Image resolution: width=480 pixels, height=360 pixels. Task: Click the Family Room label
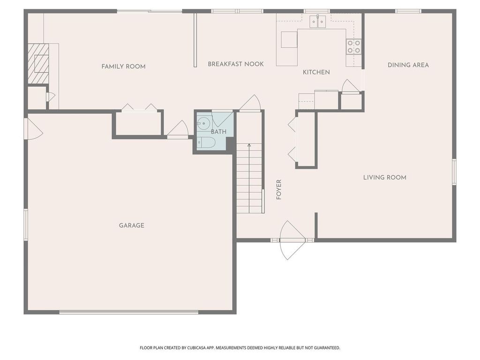[x=123, y=67]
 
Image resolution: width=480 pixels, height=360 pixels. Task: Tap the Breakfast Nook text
[x=236, y=64]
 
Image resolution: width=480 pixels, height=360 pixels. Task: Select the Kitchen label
[x=316, y=72]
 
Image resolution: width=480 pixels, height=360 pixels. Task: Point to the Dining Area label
[x=408, y=65]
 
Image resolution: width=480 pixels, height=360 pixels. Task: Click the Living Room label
[x=384, y=178]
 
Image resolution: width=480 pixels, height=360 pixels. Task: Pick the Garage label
[x=131, y=225]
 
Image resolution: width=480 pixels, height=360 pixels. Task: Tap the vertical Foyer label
[x=279, y=189]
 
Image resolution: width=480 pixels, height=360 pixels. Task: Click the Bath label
[x=218, y=132]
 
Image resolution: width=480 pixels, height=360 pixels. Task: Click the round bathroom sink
[x=203, y=124]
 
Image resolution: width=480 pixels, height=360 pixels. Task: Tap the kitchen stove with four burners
[x=354, y=46]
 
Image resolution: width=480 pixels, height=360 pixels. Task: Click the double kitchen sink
[x=318, y=22]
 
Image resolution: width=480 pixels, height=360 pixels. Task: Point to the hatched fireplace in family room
[x=38, y=64]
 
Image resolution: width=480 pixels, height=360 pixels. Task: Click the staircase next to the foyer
[x=249, y=178]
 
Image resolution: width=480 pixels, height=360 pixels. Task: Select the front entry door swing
[x=292, y=240]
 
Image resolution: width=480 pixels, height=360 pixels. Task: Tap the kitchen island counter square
[x=289, y=40]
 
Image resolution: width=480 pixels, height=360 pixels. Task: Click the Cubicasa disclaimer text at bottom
[x=240, y=348]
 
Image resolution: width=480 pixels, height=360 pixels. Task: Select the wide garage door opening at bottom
[x=129, y=312]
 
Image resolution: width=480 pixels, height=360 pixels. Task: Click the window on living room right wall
[x=454, y=172]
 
